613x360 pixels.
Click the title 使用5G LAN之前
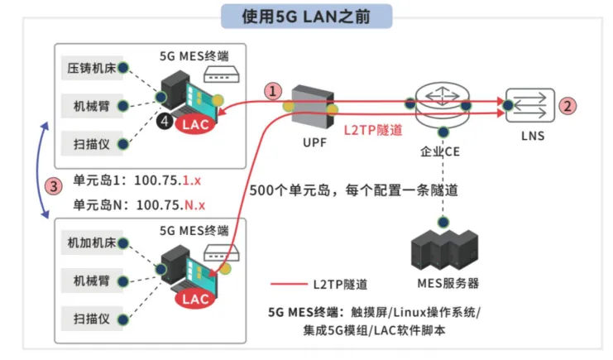pos(306,15)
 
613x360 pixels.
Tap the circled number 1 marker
pos(273,91)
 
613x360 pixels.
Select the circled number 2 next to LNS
pos(567,105)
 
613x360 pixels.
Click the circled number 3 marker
pos(55,186)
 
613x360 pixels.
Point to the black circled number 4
pos(166,122)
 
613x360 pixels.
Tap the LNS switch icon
pos(527,105)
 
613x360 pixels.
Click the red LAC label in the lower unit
pos(195,299)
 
